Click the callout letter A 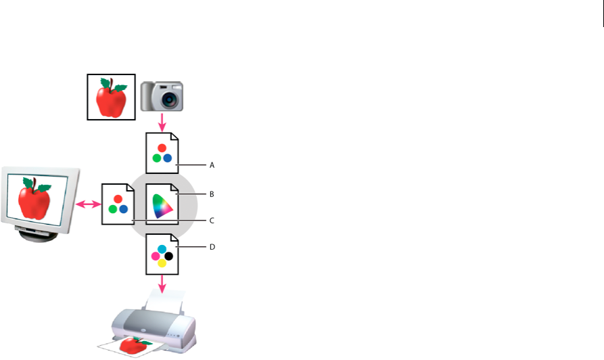click(x=212, y=164)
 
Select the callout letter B click(x=212, y=194)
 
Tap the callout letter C click(x=212, y=221)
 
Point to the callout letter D click(x=212, y=248)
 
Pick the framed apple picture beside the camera click(x=111, y=97)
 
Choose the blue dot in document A click(x=168, y=158)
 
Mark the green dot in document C click(x=112, y=209)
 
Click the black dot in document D click(x=168, y=256)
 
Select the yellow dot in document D click(x=162, y=264)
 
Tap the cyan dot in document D click(x=162, y=249)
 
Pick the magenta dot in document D click(x=156, y=256)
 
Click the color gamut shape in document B click(x=162, y=205)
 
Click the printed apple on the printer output click(x=133, y=346)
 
